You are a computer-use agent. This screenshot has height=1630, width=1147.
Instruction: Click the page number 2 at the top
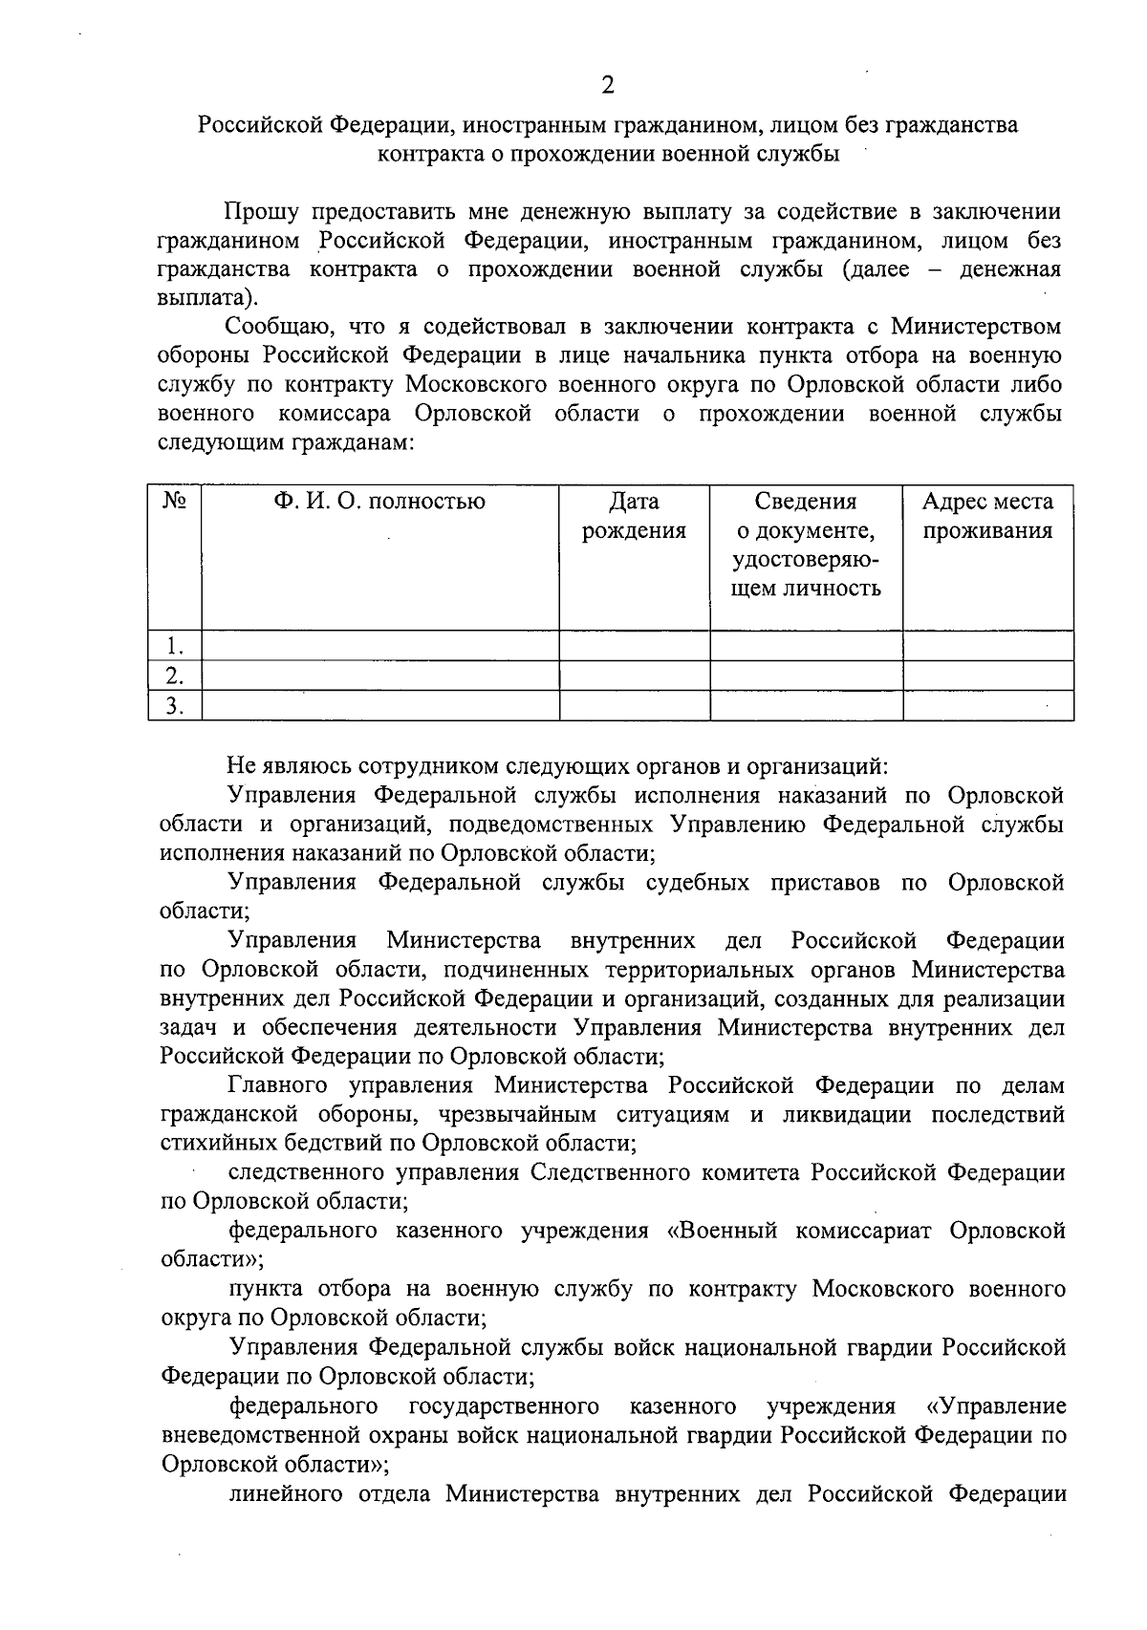click(608, 86)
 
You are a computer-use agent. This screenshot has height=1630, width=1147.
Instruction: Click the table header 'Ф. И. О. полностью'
click(379, 502)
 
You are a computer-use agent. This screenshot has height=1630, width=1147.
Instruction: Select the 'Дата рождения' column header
click(634, 516)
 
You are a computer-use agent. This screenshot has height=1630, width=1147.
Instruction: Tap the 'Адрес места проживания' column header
click(987, 516)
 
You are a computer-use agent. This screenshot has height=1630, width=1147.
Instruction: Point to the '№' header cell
click(174, 502)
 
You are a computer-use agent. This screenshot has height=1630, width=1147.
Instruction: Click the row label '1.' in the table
click(174, 646)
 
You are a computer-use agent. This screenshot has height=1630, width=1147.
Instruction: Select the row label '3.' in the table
click(174, 706)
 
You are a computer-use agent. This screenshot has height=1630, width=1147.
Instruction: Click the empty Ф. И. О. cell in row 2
click(379, 676)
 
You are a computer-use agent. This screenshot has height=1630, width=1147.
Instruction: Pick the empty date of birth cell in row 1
click(634, 646)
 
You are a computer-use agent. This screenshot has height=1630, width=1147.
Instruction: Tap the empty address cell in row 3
click(987, 706)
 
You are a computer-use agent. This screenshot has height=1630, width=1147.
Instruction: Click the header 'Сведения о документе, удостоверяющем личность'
click(806, 545)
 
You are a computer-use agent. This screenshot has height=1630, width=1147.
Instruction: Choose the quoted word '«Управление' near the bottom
click(996, 1406)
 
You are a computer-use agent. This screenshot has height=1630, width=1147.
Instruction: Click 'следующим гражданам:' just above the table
click(285, 443)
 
